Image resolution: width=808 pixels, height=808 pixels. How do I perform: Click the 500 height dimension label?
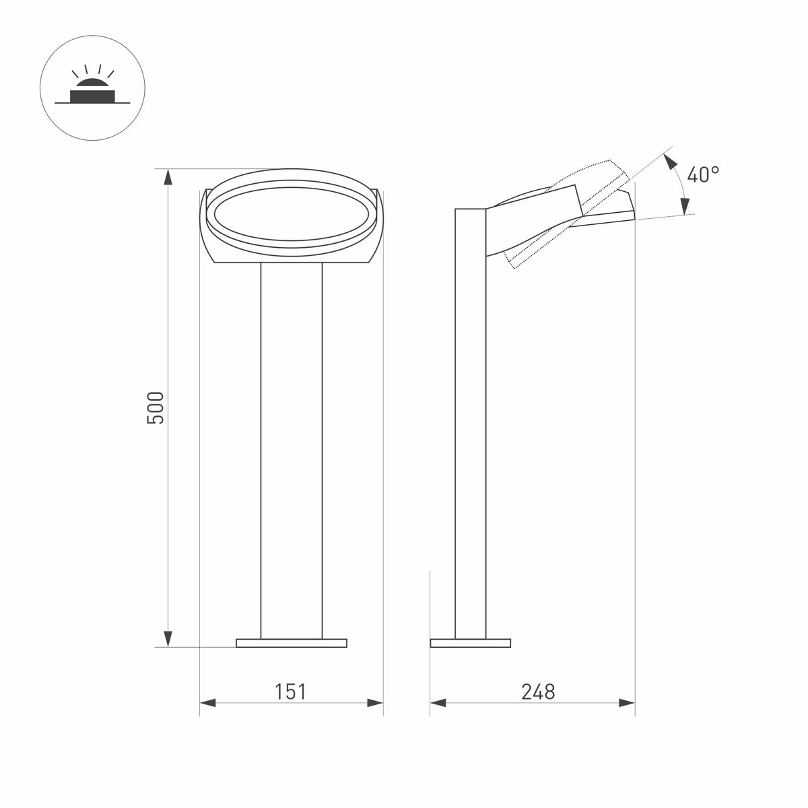156,407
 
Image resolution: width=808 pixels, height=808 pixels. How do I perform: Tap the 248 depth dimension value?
538,692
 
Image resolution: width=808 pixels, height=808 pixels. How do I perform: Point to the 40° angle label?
703,175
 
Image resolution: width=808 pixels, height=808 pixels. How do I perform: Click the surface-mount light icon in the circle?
92,94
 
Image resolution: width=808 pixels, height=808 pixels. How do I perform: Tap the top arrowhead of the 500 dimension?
168,176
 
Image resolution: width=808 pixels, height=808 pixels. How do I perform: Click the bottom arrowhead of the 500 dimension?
168,638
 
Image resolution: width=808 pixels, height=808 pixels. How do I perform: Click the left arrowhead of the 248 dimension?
438,703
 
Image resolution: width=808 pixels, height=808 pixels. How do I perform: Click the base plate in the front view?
292,643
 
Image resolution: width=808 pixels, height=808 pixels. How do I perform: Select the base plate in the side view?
470,643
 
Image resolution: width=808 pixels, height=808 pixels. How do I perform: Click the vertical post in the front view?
292,444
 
